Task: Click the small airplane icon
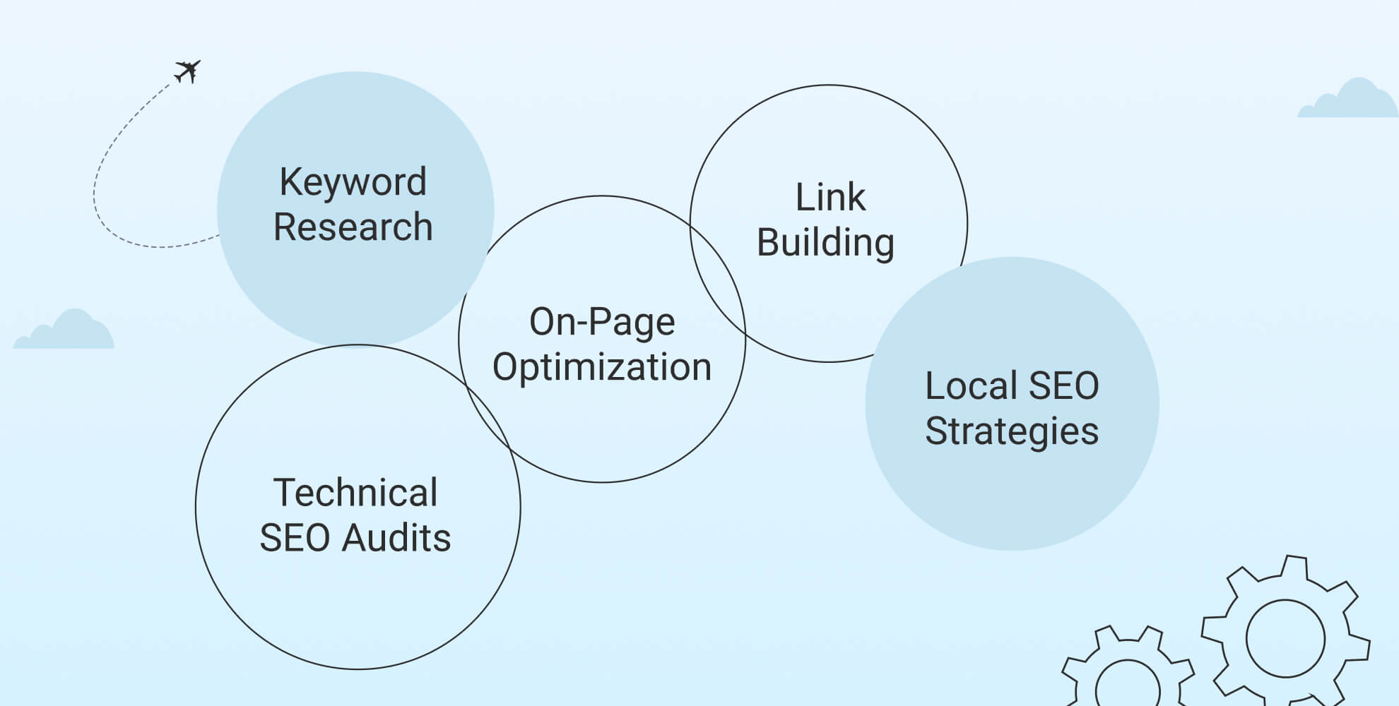(187, 71)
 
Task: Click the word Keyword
(353, 182)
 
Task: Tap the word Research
(353, 227)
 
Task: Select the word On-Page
(602, 322)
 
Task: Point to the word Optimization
(602, 367)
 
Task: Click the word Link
(830, 197)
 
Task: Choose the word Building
(825, 242)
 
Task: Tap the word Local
(971, 386)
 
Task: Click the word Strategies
(1011, 431)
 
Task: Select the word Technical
(355, 493)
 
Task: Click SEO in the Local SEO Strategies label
(1063, 386)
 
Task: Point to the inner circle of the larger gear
(1285, 639)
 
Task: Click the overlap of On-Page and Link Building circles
(717, 282)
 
